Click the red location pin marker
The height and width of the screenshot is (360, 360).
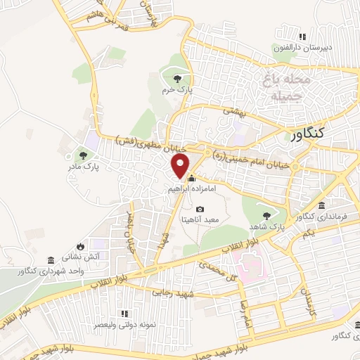tap(181, 167)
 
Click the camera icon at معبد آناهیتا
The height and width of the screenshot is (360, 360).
tap(200, 209)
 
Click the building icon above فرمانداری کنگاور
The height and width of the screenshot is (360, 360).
tap(321, 206)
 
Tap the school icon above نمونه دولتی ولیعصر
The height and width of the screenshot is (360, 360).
tap(124, 314)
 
